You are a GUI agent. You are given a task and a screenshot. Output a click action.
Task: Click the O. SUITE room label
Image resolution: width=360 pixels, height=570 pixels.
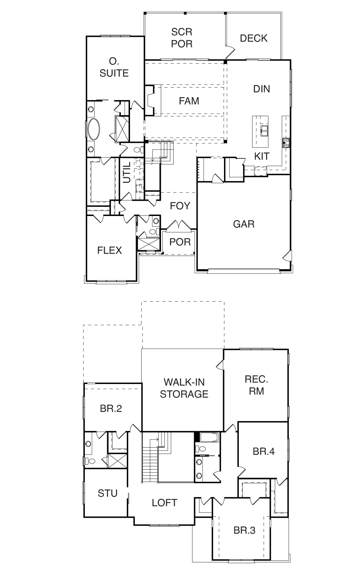pos(114,67)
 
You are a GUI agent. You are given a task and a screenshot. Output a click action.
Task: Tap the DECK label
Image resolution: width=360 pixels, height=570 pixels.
pos(254,38)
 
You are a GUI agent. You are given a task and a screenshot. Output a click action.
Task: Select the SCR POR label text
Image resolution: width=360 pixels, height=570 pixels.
pos(182,38)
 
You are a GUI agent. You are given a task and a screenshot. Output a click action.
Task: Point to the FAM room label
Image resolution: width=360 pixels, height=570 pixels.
pos(189,101)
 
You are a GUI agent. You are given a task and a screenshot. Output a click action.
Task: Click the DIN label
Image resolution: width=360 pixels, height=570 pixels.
pos(262,89)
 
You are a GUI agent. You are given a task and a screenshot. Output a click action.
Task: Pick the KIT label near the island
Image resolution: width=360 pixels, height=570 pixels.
pos(262,156)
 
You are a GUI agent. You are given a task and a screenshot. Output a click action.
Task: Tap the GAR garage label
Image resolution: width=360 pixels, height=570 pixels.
pos(244,224)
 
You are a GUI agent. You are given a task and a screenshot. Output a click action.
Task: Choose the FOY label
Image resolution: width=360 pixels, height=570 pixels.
pos(180,206)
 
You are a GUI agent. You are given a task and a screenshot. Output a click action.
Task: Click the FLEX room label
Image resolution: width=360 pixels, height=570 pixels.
pos(110,250)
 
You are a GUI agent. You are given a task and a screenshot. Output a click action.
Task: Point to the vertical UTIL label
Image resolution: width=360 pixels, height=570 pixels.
pos(126,172)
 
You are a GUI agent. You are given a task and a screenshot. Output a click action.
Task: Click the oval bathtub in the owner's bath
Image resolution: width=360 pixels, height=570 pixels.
pos(94,129)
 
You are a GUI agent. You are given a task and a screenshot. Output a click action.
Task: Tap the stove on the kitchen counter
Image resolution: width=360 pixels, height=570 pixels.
pos(286,143)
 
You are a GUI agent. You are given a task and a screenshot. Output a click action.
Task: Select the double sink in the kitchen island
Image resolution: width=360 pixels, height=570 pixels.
pos(264,130)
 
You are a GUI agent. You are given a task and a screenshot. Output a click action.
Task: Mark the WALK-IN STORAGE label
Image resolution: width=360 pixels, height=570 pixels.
pos(184,388)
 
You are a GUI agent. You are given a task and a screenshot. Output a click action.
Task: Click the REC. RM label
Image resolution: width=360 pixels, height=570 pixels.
pos(256,385)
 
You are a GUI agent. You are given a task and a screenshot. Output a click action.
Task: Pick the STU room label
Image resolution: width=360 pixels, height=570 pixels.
pos(107,493)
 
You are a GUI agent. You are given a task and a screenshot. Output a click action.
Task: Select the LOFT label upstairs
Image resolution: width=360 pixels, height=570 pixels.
pos(164,502)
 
